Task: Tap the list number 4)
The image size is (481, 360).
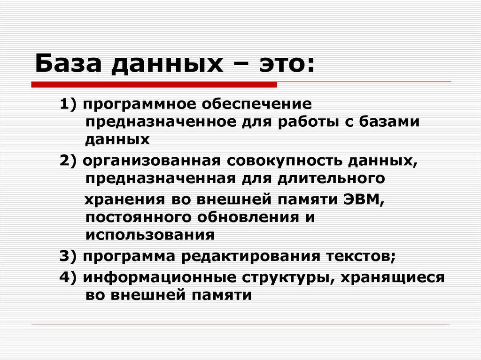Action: tap(69, 277)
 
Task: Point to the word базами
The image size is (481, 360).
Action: tap(389, 122)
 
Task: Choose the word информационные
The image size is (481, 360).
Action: tap(159, 277)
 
